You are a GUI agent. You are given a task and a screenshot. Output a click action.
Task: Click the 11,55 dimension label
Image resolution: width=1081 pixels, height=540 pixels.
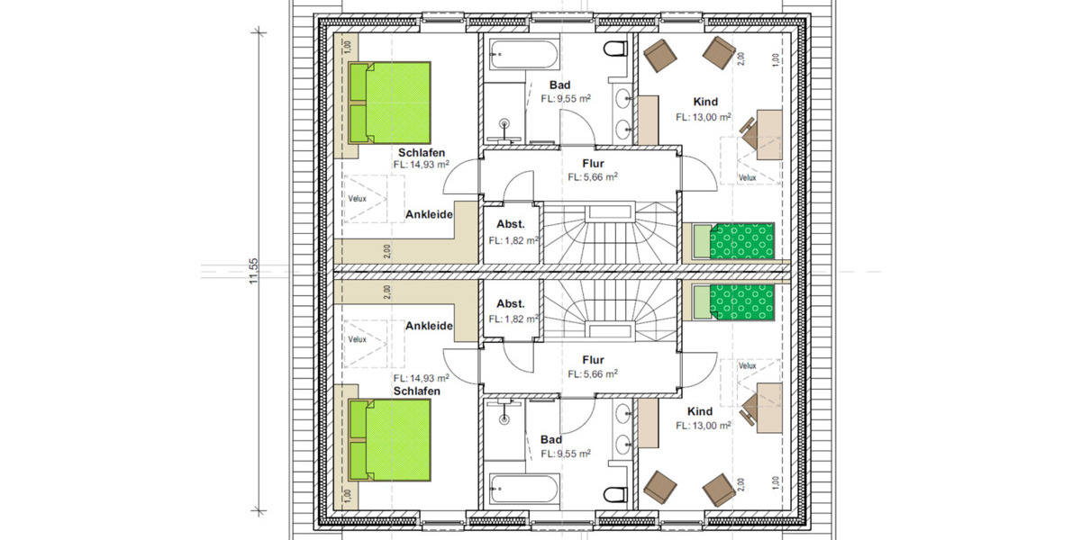tap(255, 271)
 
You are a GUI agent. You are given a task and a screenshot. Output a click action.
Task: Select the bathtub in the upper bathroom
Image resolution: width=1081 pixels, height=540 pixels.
tap(523, 55)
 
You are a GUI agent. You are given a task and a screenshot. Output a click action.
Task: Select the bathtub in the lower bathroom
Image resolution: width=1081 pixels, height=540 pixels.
tap(523, 490)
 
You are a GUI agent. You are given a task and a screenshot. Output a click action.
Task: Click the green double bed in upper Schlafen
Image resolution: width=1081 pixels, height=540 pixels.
tap(389, 102)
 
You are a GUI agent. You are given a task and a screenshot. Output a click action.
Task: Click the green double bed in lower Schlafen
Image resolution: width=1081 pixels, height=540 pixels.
tap(389, 439)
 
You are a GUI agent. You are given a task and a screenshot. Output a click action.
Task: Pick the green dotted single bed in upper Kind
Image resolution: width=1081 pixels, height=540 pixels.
tap(740, 240)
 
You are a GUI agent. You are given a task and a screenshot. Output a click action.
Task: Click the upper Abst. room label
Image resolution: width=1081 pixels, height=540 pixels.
tap(510, 225)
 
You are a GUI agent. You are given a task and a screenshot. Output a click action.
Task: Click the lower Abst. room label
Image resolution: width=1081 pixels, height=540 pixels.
tap(510, 303)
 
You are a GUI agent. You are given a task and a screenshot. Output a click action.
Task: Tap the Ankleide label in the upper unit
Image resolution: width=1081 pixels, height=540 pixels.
tap(428, 214)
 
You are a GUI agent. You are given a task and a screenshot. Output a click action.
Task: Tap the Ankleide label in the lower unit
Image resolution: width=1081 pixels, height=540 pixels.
tap(428, 326)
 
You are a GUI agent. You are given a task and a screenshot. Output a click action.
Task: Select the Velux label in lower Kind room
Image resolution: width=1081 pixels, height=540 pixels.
tap(747, 365)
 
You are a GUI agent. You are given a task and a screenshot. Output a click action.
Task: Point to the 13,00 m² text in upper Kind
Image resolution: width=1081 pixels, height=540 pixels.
tap(704, 117)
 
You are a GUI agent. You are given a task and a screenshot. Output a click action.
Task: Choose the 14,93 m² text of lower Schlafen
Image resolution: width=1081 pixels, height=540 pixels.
tap(420, 379)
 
